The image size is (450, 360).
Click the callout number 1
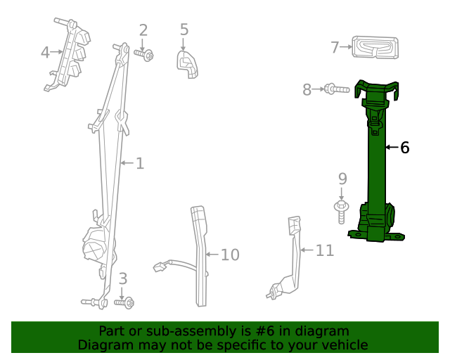point(140,163)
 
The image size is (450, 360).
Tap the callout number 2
point(143,30)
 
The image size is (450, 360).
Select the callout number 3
point(122,278)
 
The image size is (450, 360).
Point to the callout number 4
point(45,52)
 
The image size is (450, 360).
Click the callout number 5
point(184,30)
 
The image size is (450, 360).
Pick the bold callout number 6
point(404,148)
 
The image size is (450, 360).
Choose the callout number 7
point(335,48)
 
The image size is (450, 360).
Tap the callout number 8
point(307,89)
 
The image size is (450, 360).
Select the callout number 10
point(230,255)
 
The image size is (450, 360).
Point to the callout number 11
point(324,250)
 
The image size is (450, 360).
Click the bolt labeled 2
point(145,54)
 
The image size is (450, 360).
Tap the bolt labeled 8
point(335,89)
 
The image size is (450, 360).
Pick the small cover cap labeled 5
point(186,62)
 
